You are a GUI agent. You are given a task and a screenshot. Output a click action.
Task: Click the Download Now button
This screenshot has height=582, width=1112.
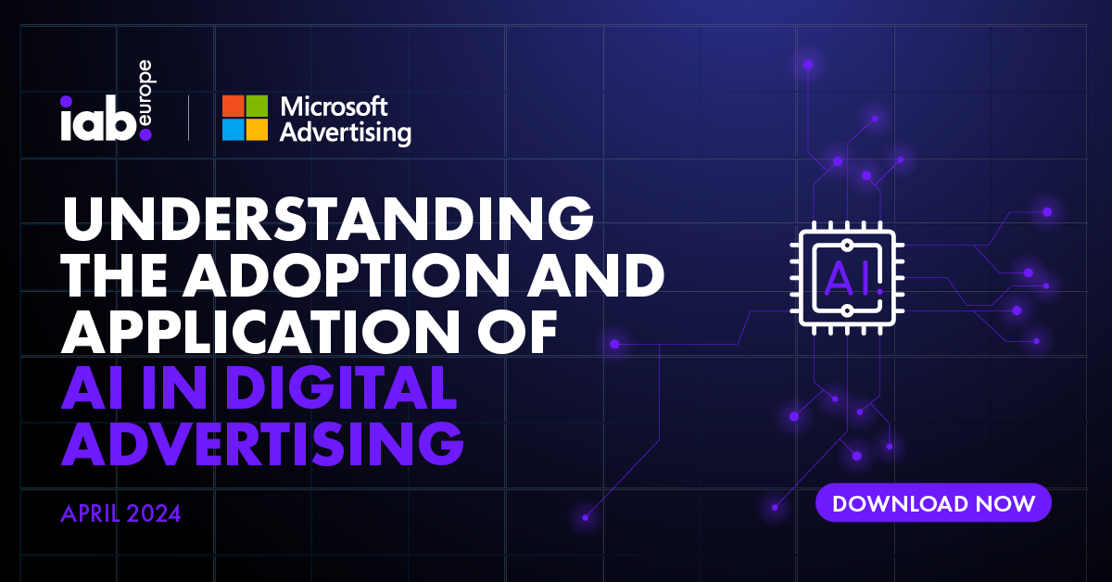point(933,502)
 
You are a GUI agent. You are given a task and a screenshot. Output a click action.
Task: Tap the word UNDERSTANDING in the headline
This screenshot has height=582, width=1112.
point(328,219)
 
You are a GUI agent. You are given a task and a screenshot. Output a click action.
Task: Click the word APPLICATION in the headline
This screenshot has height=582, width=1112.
point(265,332)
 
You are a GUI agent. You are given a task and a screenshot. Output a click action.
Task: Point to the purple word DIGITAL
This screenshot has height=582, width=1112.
point(342,387)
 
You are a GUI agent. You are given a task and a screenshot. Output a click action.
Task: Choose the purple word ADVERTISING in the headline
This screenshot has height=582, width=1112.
point(262,444)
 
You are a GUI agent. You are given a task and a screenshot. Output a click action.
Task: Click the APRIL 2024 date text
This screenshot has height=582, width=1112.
point(120,513)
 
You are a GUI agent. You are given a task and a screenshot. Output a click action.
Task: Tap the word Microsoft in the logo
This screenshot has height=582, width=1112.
point(334,107)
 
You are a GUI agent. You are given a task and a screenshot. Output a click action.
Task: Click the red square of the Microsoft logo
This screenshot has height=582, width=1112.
point(233,106)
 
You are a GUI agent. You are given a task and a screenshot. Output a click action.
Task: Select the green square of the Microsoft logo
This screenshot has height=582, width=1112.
point(257,106)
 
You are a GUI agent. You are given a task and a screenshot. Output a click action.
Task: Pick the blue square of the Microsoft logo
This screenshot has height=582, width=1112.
point(233,130)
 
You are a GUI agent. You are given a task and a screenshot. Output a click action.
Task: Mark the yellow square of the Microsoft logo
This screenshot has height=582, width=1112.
point(257,130)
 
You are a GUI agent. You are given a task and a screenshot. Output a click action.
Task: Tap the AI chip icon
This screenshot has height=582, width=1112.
point(847,278)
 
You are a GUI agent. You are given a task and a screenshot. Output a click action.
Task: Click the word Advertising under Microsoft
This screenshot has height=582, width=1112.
point(345,133)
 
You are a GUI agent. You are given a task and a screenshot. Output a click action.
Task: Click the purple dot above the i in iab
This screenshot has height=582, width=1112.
point(66,101)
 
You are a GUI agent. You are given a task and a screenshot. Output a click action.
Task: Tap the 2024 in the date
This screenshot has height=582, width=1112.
point(153,513)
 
